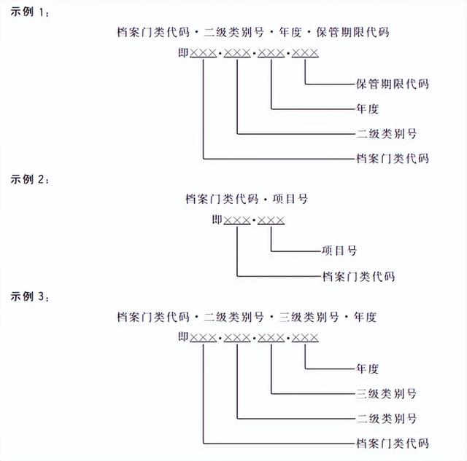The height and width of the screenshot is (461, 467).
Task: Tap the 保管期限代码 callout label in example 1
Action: (x=392, y=84)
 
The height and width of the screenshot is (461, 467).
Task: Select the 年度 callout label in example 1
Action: (x=368, y=109)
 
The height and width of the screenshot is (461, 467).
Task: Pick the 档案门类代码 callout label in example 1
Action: (x=392, y=158)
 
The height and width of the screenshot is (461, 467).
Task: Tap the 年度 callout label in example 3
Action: (x=368, y=369)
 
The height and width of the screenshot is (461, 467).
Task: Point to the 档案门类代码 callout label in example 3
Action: (x=392, y=443)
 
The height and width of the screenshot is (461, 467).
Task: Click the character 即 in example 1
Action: (x=182, y=52)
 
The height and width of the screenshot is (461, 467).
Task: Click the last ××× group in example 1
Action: (x=304, y=53)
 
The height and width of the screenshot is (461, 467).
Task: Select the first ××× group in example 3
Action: (x=204, y=337)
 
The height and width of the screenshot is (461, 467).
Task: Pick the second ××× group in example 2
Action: (x=270, y=219)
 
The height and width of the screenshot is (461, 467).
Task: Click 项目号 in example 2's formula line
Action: (x=299, y=198)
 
